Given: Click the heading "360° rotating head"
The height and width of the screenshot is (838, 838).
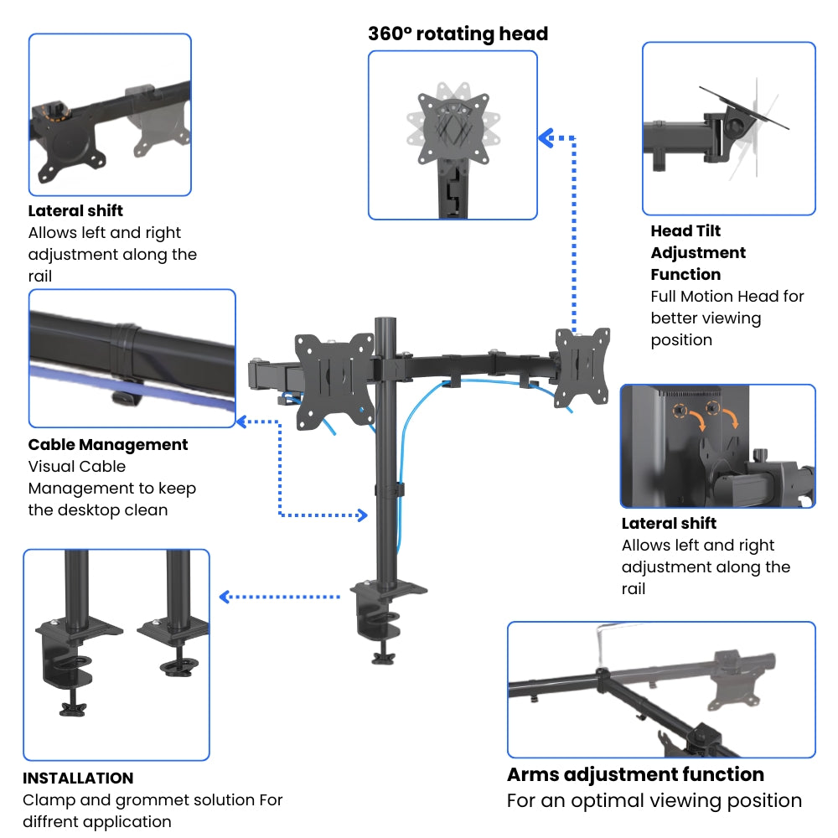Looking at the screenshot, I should coord(458,34).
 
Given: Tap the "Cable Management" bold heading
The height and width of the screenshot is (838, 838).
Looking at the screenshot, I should coord(108,445).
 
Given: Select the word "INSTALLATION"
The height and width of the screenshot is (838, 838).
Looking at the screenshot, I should coord(78,779).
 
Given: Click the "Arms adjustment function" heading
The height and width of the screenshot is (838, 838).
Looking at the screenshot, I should coord(635,774).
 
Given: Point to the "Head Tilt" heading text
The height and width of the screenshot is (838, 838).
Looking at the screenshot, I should coord(685,231).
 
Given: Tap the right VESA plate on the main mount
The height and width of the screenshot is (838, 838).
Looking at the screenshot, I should coord(582,367).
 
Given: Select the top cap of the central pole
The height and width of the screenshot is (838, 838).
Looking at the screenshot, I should coord(385,319).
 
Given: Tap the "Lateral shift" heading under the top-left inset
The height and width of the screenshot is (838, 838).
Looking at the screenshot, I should coord(75,211).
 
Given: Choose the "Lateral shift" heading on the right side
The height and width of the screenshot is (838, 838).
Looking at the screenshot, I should coord(669,524).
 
